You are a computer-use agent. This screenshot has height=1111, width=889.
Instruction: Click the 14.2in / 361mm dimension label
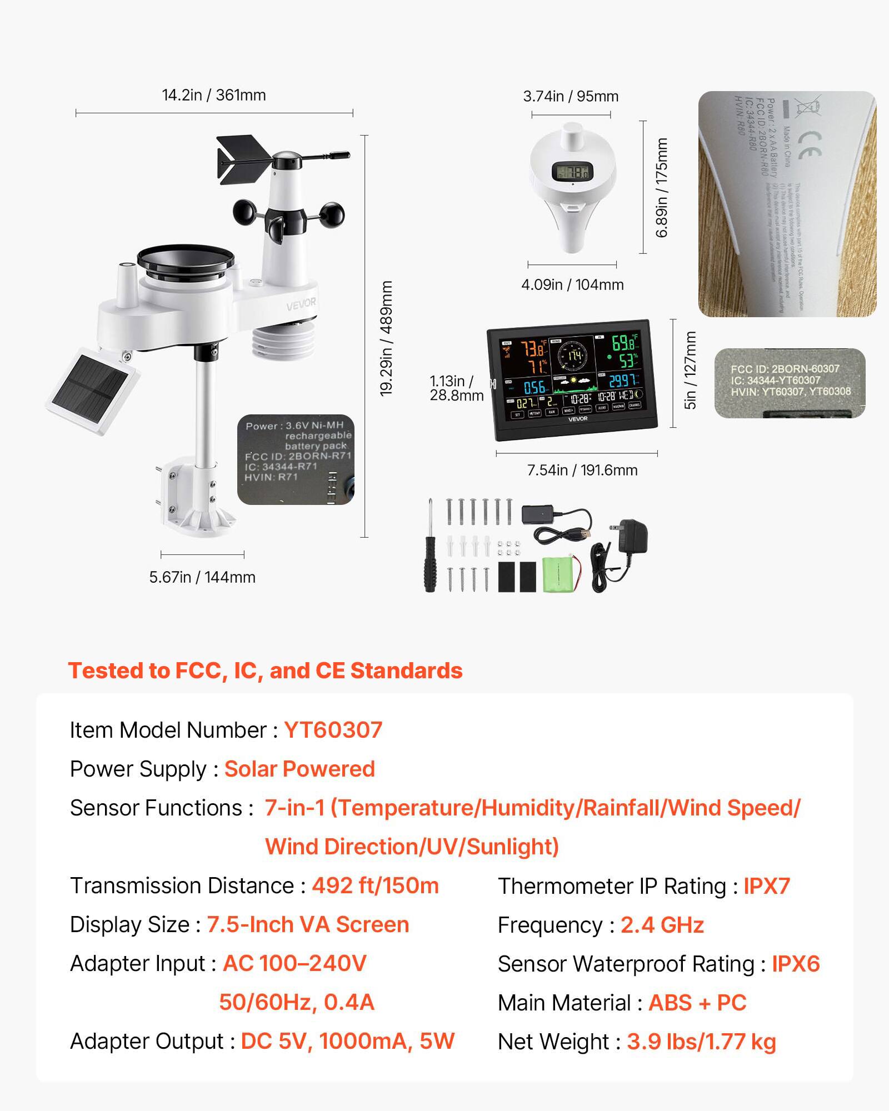click(214, 95)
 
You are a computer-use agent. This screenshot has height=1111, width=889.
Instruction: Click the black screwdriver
click(429, 550)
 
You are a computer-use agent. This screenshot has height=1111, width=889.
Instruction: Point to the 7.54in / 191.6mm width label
click(582, 471)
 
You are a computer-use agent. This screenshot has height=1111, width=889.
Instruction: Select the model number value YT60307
click(333, 730)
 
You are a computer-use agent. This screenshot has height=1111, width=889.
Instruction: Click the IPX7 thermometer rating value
click(767, 886)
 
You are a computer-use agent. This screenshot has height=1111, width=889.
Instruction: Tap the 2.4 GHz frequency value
click(662, 925)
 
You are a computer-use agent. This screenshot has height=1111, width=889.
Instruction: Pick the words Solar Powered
click(299, 769)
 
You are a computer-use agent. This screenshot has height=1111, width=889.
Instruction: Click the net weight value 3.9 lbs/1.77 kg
click(701, 1042)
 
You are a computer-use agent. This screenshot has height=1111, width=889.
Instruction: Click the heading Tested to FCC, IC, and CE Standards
click(265, 670)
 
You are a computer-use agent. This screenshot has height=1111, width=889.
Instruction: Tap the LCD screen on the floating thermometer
click(572, 172)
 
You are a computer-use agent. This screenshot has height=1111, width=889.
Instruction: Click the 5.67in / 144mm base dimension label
click(202, 577)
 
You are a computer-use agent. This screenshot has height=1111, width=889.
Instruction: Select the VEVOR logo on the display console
click(577, 419)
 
